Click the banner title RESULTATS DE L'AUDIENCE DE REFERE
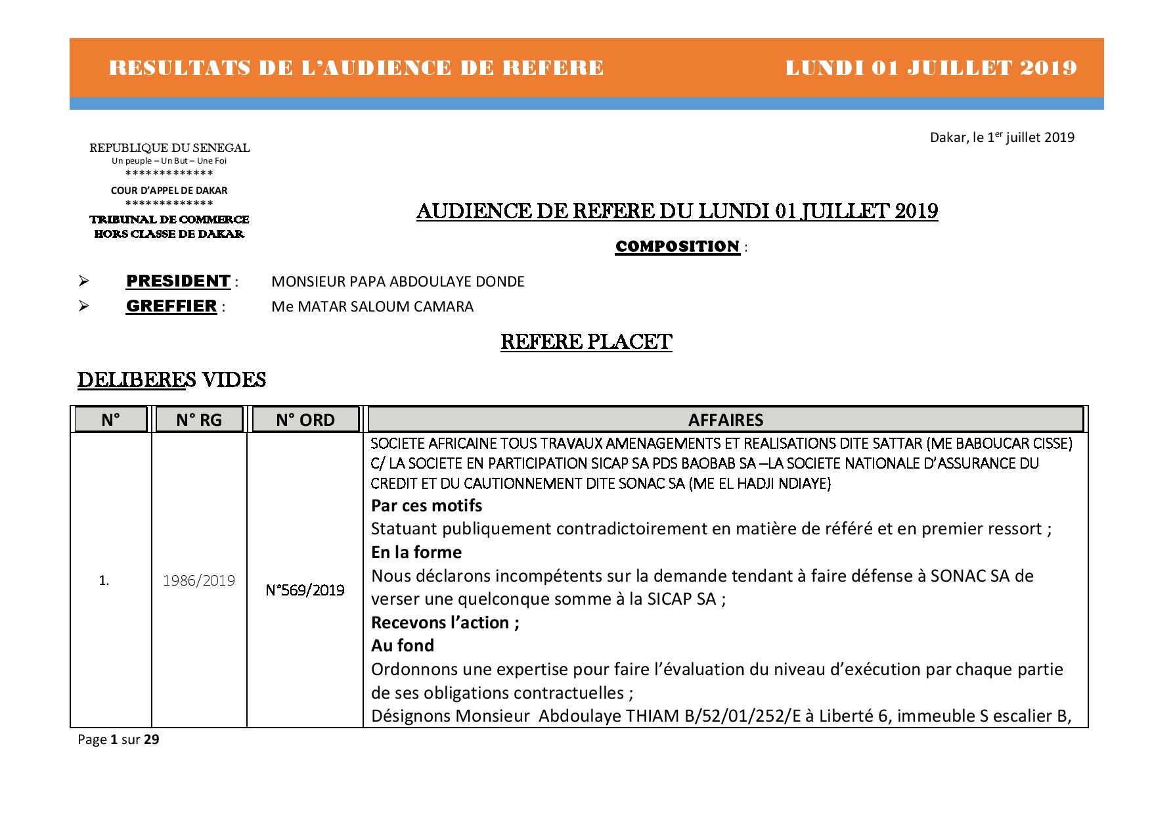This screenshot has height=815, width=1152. click(x=356, y=68)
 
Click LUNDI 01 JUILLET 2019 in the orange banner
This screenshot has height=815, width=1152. click(x=931, y=68)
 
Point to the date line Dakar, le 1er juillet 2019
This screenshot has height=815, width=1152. click(x=1002, y=137)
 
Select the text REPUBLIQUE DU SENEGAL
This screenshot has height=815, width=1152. click(x=169, y=148)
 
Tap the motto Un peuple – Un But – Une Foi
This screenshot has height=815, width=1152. click(x=169, y=160)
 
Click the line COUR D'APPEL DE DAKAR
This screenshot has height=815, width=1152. click(x=169, y=191)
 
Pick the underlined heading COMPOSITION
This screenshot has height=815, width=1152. click(x=677, y=246)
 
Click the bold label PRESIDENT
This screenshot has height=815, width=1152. click(x=178, y=281)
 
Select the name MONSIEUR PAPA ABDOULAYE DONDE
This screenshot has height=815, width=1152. click(x=397, y=282)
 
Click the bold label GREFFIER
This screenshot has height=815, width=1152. click(x=171, y=306)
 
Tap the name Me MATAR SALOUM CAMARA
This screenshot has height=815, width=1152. click(x=372, y=307)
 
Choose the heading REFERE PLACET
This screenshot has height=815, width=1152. click(x=586, y=342)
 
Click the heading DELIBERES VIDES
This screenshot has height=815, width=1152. click(x=171, y=380)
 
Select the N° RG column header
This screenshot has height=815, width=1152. click(x=199, y=420)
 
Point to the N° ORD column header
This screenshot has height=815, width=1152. click(x=305, y=420)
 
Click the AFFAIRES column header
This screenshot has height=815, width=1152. click(x=725, y=420)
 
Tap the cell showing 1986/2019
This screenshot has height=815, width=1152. click(x=199, y=580)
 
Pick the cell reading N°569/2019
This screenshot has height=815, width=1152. click(x=305, y=590)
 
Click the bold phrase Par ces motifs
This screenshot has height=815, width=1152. click(x=426, y=505)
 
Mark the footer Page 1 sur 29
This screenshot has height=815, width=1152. click(x=118, y=739)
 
